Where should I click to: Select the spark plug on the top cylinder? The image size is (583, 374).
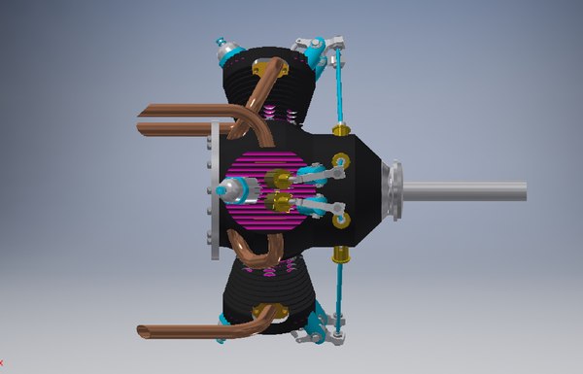[225, 49]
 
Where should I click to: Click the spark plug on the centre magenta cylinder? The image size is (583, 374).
[236, 191]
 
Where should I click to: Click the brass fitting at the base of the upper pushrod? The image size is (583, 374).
[341, 129]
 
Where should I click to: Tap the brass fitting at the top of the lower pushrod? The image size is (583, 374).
[341, 255]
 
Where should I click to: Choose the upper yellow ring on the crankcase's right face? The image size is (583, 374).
[342, 161]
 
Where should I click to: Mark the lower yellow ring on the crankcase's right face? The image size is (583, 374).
[342, 221]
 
